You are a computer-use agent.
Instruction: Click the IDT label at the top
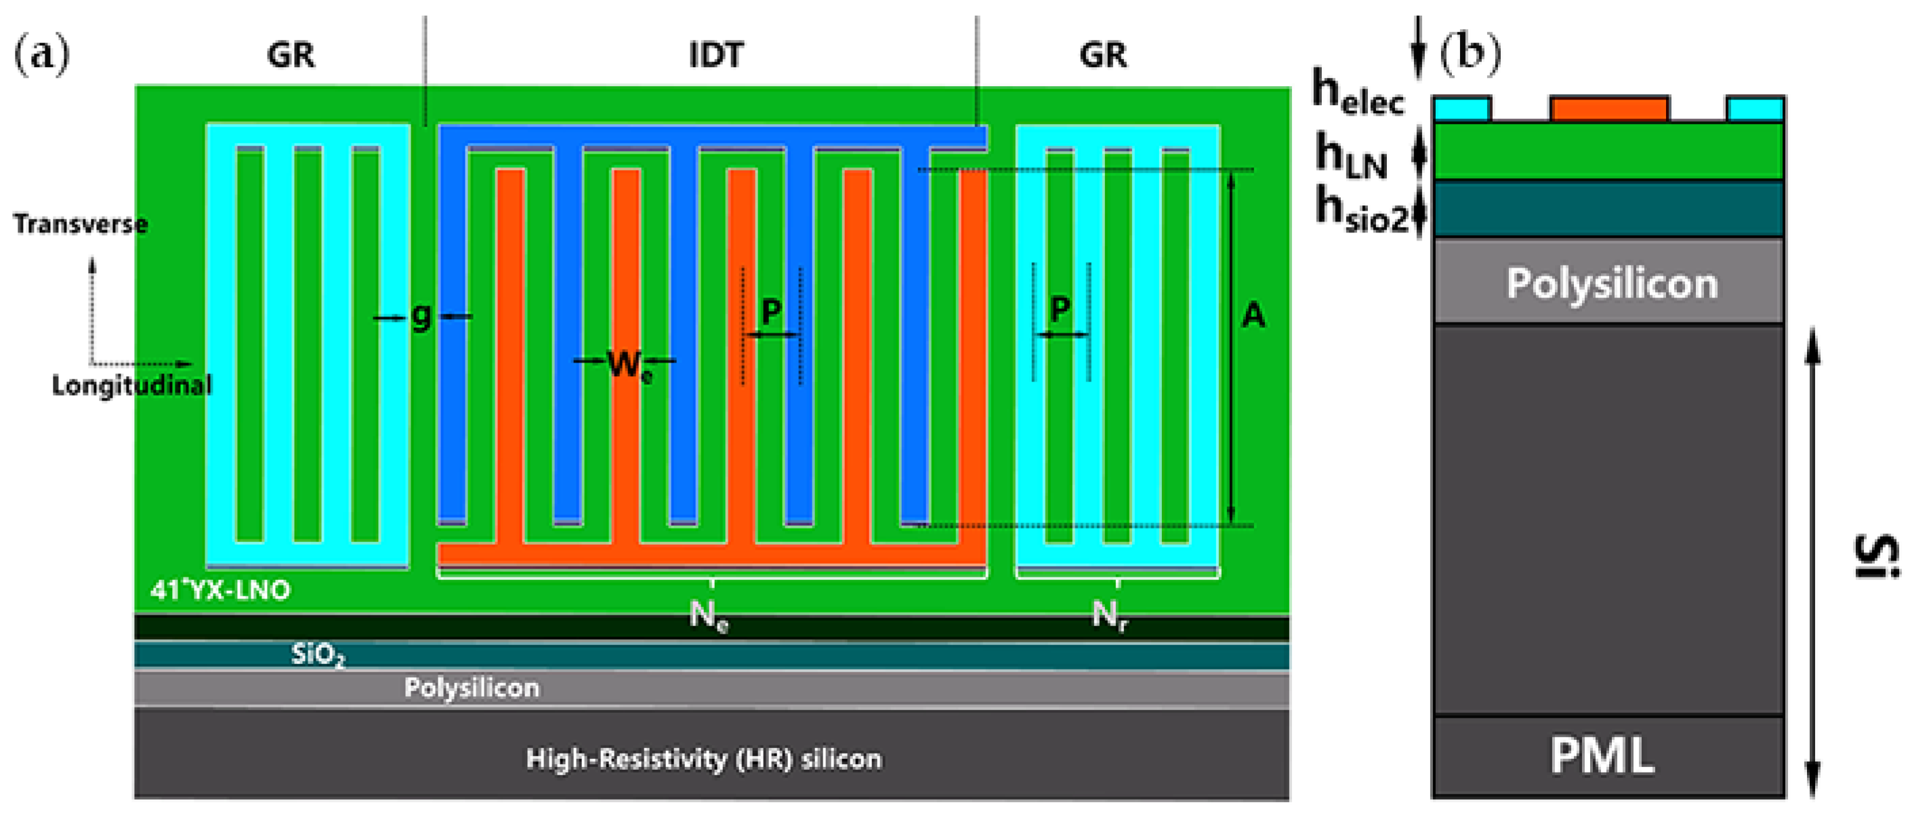(715, 56)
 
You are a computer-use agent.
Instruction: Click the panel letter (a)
(41, 54)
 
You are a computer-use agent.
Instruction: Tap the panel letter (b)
(1470, 53)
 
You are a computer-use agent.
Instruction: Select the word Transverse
(80, 224)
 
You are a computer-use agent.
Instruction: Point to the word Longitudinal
(131, 385)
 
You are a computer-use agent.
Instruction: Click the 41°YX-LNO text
(220, 591)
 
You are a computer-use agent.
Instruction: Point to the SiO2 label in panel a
(318, 655)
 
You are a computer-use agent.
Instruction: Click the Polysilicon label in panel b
(1611, 283)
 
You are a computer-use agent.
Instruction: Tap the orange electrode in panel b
(1609, 109)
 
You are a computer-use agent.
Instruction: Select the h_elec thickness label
(1359, 93)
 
